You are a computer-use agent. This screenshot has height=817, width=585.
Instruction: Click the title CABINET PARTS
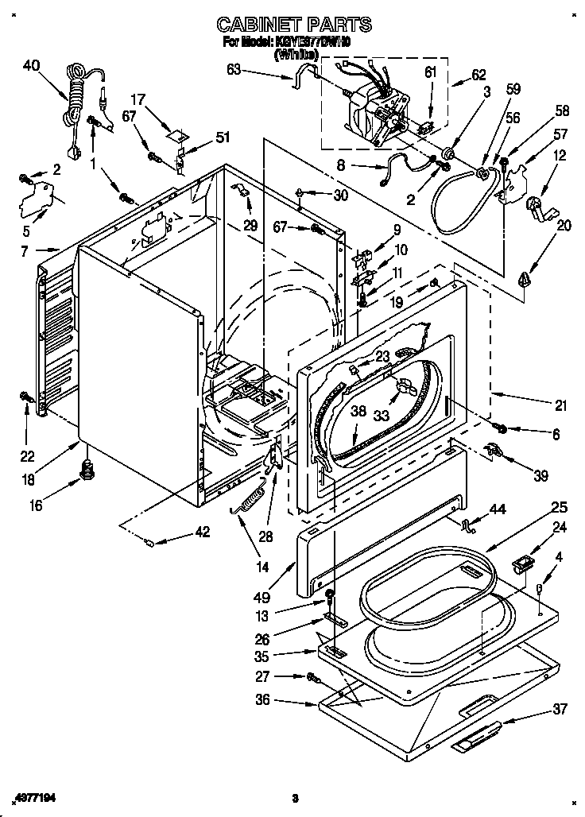tap(294, 25)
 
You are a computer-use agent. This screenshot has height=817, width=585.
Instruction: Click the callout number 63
tap(234, 71)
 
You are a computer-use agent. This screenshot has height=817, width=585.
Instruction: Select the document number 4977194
tap(39, 797)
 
